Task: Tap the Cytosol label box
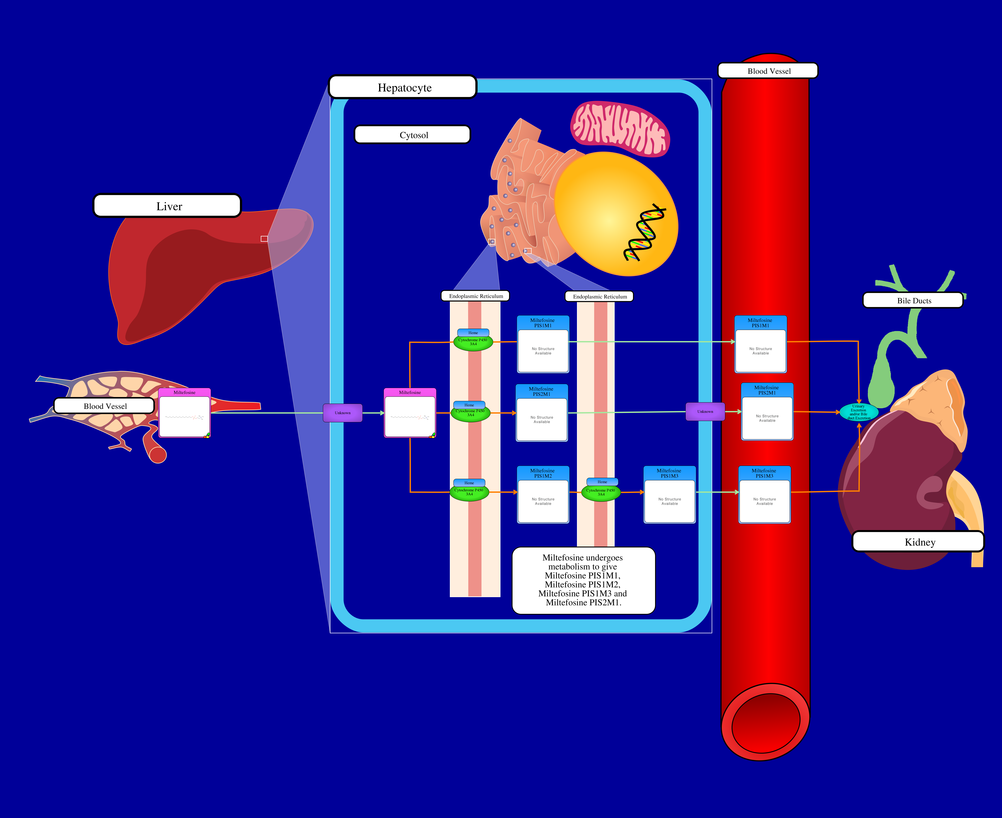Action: coord(413,134)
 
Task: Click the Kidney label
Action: coord(918,541)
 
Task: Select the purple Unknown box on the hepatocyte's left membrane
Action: coord(342,413)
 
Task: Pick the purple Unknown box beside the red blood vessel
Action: coord(705,411)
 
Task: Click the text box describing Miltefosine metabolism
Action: coord(583,580)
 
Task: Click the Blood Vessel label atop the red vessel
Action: coord(768,71)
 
